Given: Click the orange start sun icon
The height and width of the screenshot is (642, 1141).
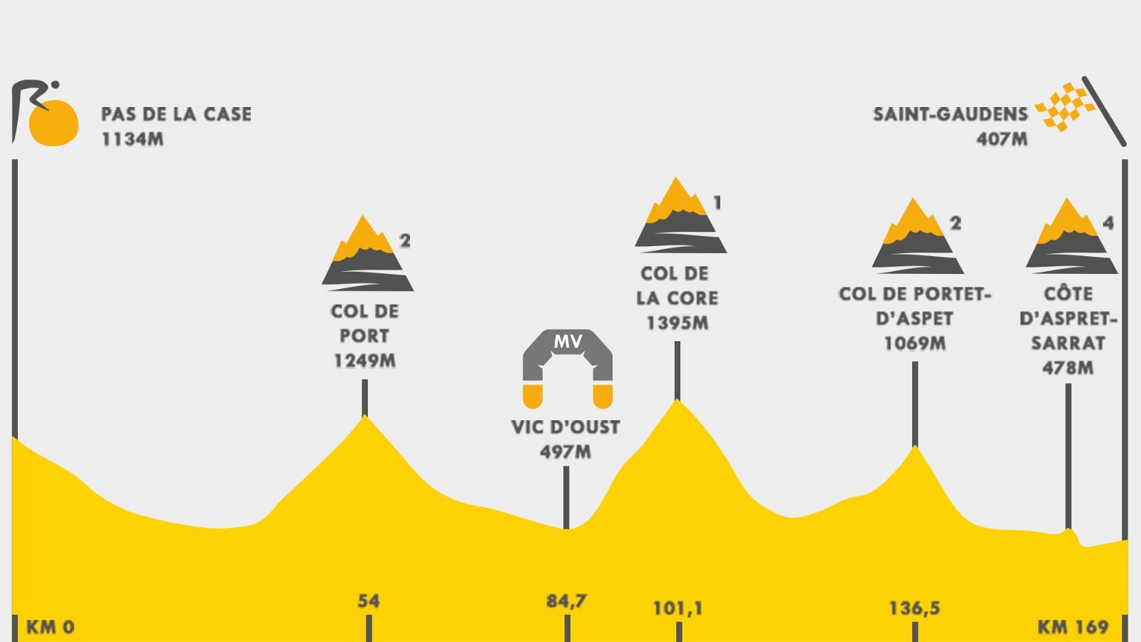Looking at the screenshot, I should [53, 123].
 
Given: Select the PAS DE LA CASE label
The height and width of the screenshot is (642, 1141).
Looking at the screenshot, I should [176, 114].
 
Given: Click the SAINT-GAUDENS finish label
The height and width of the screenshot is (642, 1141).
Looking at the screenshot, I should [950, 114].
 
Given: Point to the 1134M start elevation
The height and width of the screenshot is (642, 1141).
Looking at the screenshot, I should [133, 139].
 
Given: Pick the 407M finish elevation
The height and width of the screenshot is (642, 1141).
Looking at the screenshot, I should [1002, 139].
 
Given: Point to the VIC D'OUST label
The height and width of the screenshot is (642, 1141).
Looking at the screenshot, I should [566, 427].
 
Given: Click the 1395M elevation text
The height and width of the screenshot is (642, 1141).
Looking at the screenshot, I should [677, 323].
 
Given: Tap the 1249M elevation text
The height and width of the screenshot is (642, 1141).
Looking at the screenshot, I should [364, 361].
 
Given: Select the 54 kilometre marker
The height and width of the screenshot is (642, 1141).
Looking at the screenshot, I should [369, 601].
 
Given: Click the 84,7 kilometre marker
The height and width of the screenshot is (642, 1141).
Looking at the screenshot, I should [567, 601].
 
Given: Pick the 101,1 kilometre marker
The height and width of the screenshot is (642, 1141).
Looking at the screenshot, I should [678, 608].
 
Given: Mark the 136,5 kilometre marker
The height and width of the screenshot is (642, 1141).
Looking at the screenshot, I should [914, 608].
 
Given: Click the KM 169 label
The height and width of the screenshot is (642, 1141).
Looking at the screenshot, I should [1073, 627].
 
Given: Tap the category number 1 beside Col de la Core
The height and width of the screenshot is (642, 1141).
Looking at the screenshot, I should [717, 203].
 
